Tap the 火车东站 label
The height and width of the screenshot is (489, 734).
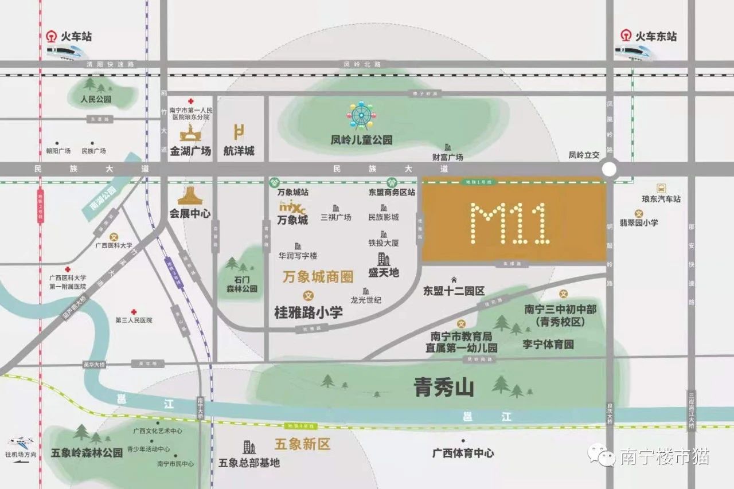coord(656,36)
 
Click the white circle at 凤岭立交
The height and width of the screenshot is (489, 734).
coord(609,169)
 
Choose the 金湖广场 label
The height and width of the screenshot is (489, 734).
coord(190,151)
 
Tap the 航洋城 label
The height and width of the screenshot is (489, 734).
coord(239,151)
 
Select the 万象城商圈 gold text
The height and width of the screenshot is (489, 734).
coord(318,277)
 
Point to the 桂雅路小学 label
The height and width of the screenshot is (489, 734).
coord(309,312)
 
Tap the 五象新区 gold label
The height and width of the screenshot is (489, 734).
coord(302,444)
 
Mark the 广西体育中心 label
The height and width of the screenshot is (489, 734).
coord(463,453)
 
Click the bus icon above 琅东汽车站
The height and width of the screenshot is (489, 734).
coord(661,188)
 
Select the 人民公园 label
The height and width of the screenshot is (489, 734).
coord(96,99)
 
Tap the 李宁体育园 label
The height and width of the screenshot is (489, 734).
coord(548,345)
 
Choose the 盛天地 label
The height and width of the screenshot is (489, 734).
coord(383,273)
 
